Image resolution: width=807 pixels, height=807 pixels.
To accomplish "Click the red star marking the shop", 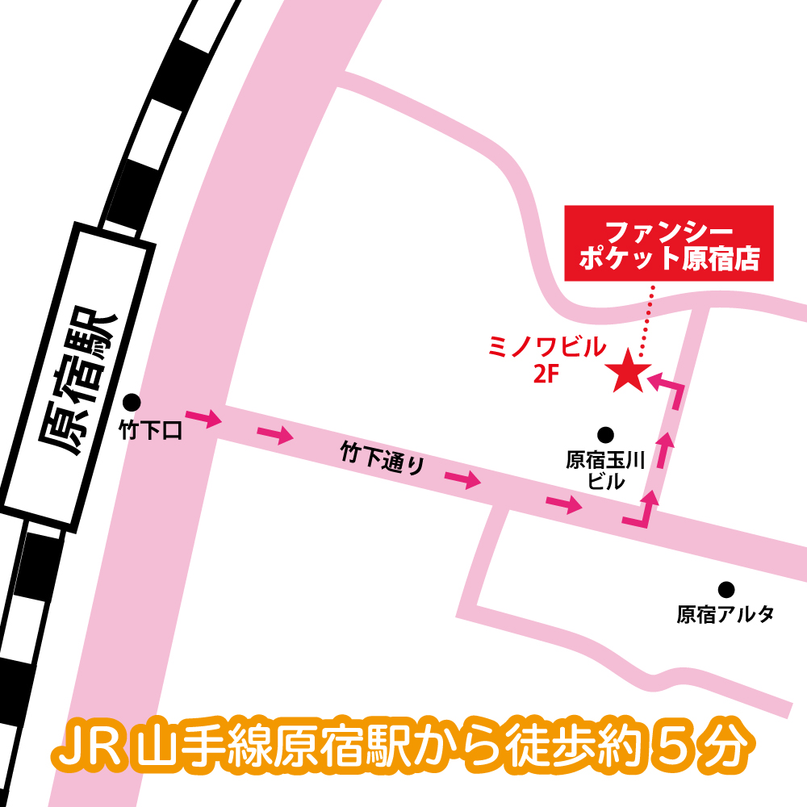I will (628, 372).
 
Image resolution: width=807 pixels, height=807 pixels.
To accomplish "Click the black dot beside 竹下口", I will (132, 402).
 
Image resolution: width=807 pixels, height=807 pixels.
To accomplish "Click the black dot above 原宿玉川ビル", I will (605, 434).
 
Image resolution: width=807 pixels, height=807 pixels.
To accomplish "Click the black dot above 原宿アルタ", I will (726, 589).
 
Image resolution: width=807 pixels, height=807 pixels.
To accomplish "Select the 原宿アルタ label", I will (725, 615).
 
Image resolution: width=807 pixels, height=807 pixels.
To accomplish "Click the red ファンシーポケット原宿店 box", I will (669, 245).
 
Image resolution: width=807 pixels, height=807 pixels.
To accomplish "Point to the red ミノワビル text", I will (547, 348).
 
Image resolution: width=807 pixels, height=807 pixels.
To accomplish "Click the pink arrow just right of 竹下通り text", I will (462, 480).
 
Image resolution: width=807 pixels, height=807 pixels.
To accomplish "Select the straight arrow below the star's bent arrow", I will (664, 451).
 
